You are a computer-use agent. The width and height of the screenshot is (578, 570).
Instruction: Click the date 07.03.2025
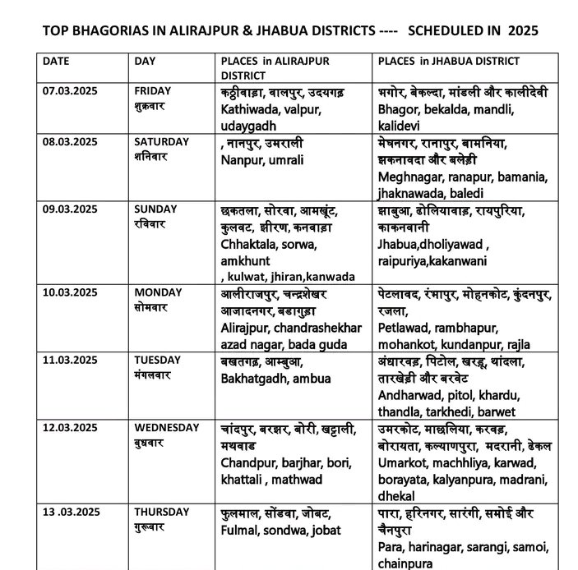coord(70,90)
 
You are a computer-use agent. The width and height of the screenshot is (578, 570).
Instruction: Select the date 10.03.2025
coord(70,292)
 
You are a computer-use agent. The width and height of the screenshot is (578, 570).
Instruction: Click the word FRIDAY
coord(153,90)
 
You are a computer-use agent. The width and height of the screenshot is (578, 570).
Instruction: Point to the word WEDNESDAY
coord(167,427)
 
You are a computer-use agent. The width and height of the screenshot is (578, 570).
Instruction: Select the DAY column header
coord(145,61)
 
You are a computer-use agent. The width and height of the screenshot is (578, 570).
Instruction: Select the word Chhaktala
coord(247,244)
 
